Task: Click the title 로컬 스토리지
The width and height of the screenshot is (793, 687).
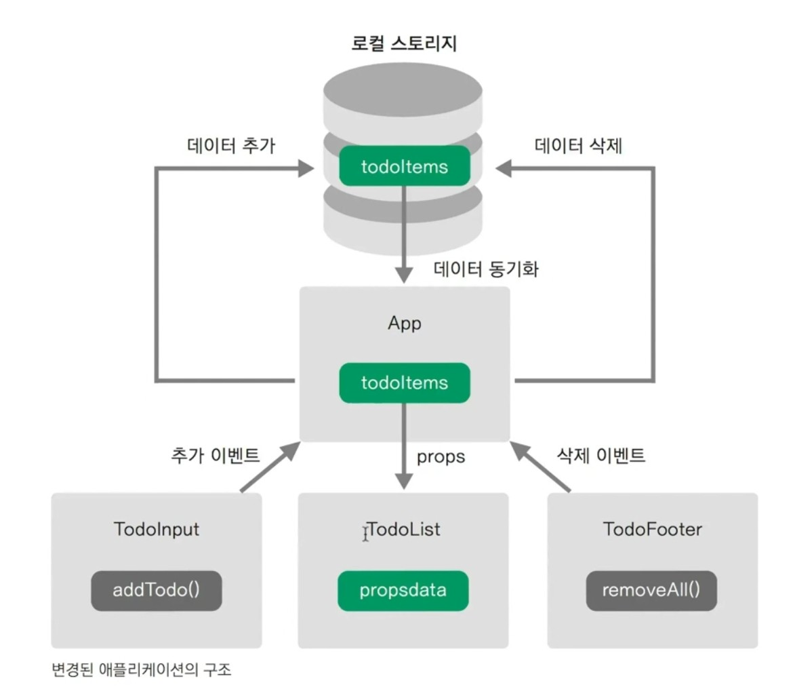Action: point(404,43)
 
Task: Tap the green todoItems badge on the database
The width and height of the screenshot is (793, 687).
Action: point(405,166)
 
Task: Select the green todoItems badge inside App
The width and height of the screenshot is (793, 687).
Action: point(405,383)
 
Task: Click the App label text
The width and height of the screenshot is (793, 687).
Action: point(405,323)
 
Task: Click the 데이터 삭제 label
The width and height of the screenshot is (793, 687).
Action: point(578,146)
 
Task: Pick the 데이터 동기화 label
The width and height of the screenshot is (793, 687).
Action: point(485,269)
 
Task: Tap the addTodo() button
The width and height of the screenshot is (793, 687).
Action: point(157,590)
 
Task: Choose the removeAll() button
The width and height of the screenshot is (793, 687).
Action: point(651,590)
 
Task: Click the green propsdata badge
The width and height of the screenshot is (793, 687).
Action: point(403,590)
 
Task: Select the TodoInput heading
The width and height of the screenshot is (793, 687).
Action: point(157,529)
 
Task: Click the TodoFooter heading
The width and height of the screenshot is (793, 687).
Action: point(652,529)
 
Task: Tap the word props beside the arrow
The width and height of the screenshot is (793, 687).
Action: point(441,456)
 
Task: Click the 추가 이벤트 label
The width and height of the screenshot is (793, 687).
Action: point(215,455)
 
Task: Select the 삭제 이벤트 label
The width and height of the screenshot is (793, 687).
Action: point(601,455)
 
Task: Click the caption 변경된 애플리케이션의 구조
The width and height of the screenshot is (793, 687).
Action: point(141,670)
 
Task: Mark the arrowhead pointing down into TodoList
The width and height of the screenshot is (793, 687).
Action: point(404,481)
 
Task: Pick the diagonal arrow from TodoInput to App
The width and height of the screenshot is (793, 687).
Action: point(270,467)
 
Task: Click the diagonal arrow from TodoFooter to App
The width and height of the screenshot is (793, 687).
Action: point(540,467)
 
